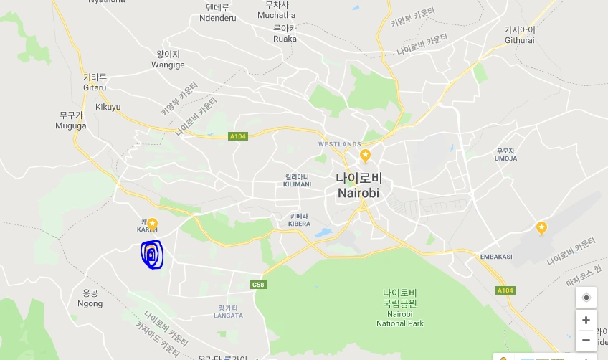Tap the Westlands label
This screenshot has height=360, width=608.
pos(339,144)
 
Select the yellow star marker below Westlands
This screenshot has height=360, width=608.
pos(365,155)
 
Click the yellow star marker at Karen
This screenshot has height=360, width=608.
pos(152,223)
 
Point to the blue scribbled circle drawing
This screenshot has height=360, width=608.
pos(152,255)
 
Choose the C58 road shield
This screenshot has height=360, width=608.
pos(259,285)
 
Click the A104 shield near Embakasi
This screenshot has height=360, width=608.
pos(505,290)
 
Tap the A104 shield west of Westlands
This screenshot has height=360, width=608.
pos(238,136)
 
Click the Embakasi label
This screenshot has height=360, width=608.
pos(495,257)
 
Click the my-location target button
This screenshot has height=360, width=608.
pos(586,298)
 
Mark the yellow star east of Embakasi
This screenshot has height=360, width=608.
pos(541,228)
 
